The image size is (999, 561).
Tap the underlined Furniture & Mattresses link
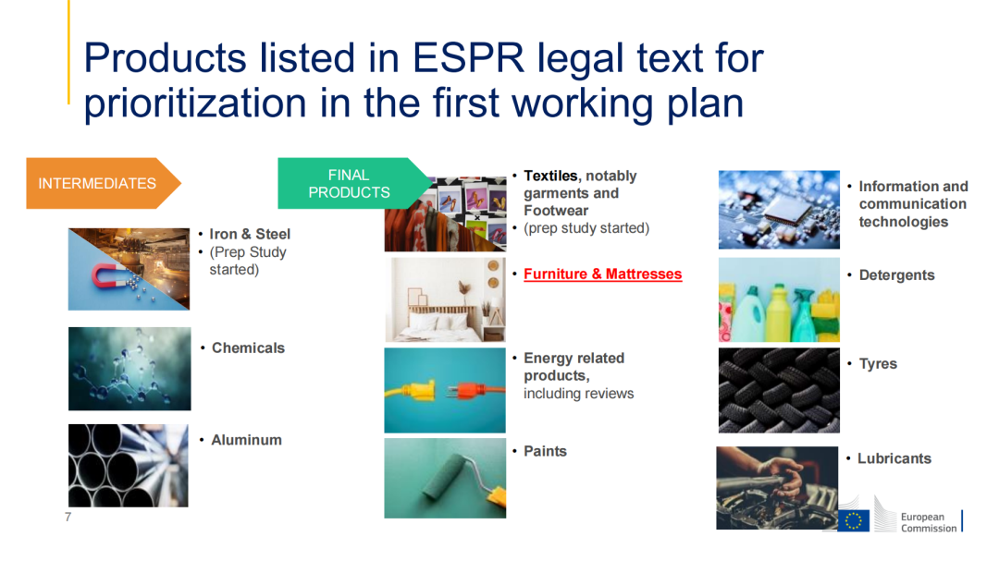603,274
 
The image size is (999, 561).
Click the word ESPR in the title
468,58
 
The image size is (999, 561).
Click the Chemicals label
249,348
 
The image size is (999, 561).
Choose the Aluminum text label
247,440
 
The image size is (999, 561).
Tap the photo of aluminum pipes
129,466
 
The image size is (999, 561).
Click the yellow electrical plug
415,389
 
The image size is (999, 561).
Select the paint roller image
445,478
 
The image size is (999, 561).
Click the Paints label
546,451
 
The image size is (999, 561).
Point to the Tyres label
878,363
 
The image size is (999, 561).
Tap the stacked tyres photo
779,390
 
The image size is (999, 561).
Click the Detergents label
897,275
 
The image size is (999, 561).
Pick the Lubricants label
894,458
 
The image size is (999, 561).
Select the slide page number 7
68,517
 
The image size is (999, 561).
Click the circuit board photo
779,210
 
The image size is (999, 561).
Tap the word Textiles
550,176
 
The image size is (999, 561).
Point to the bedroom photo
445,300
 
